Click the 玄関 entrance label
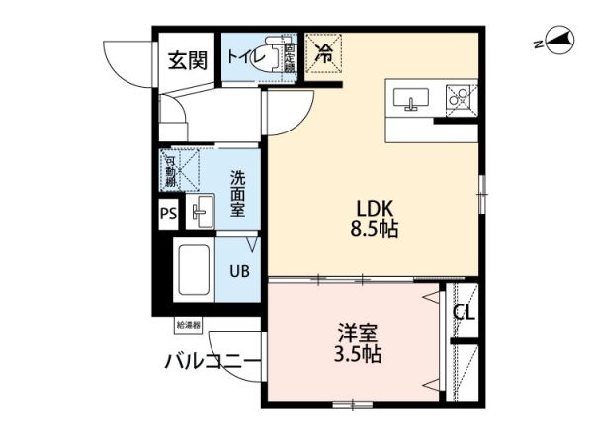(187, 60)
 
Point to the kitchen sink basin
(410, 98)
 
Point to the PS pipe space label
(167, 214)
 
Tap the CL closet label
(464, 314)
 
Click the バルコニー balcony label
(212, 362)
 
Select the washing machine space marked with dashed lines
(181, 169)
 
